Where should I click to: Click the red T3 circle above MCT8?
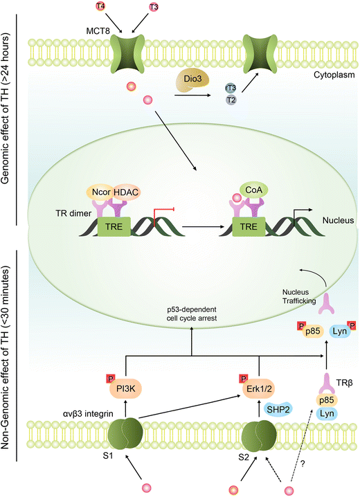[153, 8]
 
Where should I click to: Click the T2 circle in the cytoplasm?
[231, 101]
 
